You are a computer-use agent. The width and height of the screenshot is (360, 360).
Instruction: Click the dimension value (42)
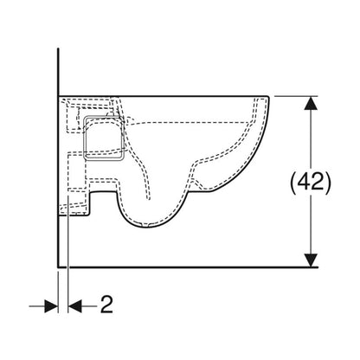pos(311,182)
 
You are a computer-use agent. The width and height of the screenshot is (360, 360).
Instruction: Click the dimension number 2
pos(106,305)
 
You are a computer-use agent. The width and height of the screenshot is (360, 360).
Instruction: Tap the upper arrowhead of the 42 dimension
pos(311,103)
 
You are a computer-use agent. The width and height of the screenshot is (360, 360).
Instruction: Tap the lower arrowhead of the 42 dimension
pos(311,260)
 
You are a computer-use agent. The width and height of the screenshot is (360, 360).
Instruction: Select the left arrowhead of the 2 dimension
pos(51,306)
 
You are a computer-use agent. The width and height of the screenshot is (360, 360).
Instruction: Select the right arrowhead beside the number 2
pos(75,306)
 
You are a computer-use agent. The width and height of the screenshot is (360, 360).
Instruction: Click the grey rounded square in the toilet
pos(104,138)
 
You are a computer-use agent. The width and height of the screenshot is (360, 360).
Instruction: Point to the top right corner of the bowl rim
pos(269,96)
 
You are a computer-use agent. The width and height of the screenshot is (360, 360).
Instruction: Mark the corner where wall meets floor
pos(58,267)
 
